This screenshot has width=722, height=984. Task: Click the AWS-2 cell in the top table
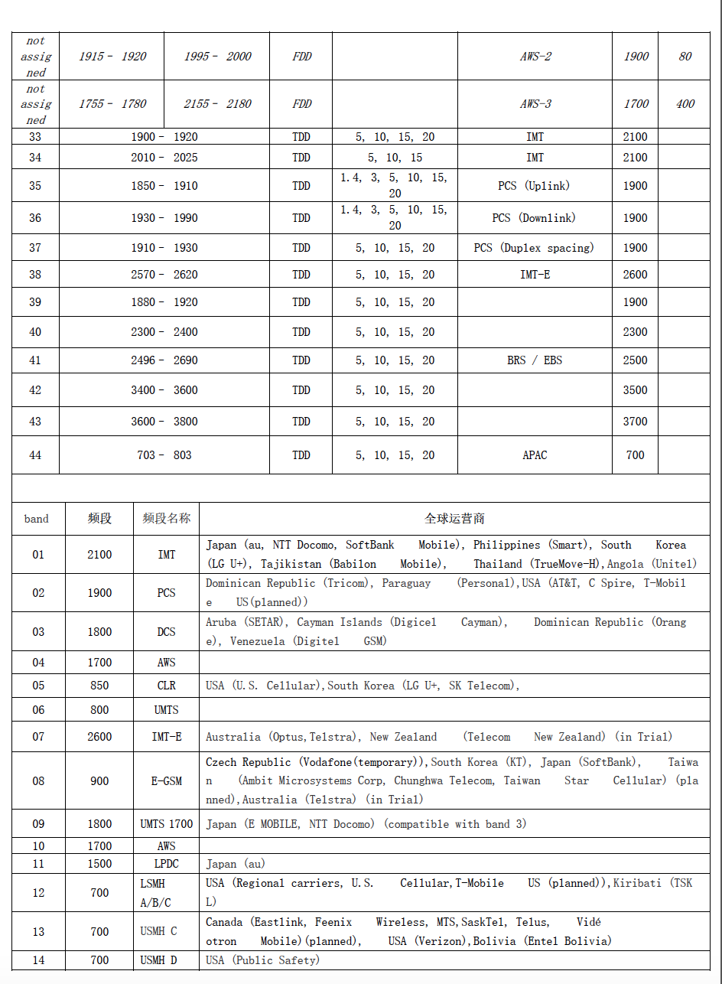[x=535, y=57]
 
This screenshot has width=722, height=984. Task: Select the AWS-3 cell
[x=535, y=104]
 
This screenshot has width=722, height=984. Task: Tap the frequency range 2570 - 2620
[x=164, y=275]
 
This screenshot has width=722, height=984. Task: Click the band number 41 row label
[x=35, y=360]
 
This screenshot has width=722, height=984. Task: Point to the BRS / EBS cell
[x=535, y=360]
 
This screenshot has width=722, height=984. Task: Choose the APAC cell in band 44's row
[x=535, y=455]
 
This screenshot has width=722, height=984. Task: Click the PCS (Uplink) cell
[x=534, y=186]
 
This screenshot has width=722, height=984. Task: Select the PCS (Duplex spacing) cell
[x=534, y=248]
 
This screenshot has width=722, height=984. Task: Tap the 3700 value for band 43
[x=635, y=422]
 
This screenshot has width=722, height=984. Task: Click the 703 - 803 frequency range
[x=164, y=455]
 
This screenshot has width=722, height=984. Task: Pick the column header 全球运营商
[x=454, y=519]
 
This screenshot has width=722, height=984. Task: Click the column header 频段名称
[x=166, y=519]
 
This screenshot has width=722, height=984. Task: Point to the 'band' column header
[x=36, y=519]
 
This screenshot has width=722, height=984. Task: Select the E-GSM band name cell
[x=166, y=781]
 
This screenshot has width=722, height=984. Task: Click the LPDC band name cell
[x=166, y=864]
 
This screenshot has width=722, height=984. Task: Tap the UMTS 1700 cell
[x=166, y=824]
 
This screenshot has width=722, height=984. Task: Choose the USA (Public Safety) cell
[x=262, y=960]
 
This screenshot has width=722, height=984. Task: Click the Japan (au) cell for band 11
[x=236, y=864]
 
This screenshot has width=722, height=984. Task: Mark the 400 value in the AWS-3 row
[x=685, y=104]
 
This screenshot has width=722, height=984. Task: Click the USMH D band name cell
[x=158, y=960]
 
